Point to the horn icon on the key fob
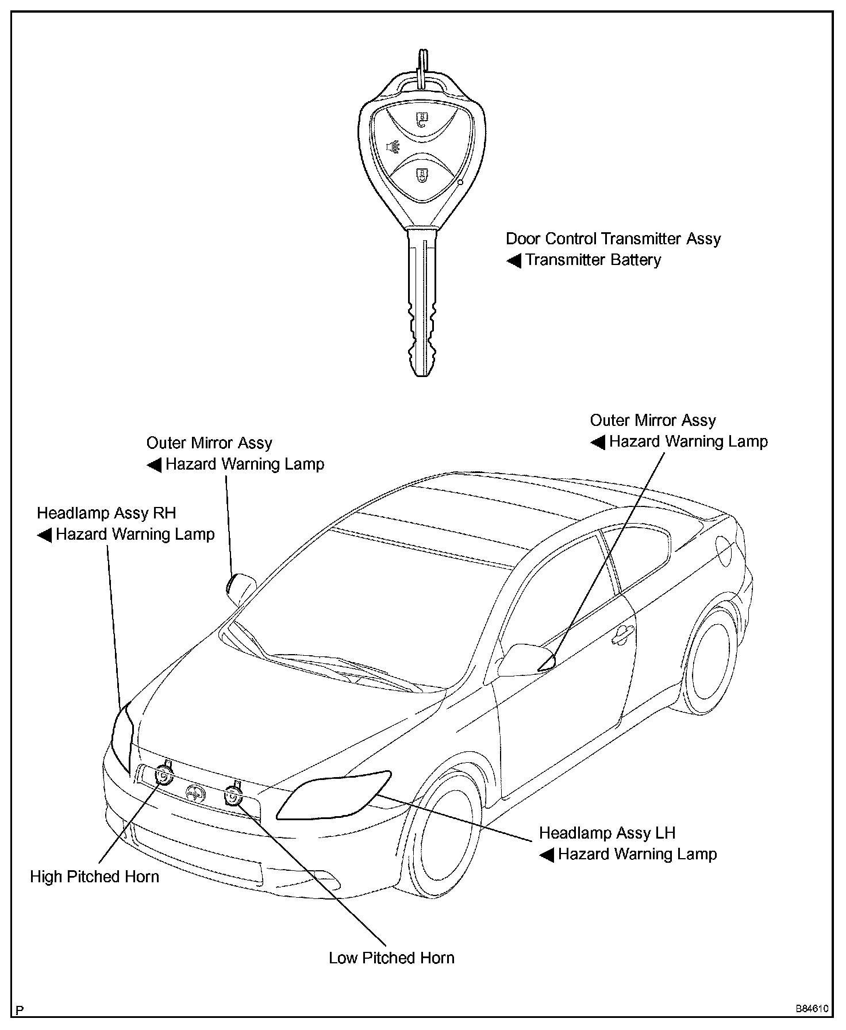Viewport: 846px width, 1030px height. click(x=393, y=148)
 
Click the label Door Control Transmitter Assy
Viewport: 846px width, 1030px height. click(x=613, y=239)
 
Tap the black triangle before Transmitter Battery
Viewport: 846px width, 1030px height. click(x=513, y=261)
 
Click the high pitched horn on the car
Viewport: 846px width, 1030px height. click(x=164, y=775)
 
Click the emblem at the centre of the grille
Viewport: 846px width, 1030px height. click(x=196, y=793)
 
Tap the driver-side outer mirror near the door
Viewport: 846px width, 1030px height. click(x=526, y=660)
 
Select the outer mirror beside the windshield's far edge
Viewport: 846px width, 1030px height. click(x=240, y=587)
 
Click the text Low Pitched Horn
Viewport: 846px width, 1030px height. click(x=391, y=958)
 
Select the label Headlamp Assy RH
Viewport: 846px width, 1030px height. click(x=106, y=513)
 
